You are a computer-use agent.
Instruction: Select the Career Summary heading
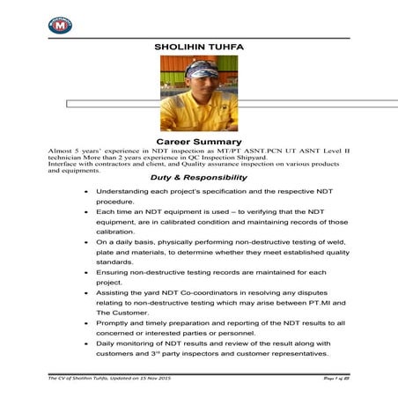click(x=198, y=141)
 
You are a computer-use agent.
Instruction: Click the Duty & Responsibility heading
click(x=199, y=177)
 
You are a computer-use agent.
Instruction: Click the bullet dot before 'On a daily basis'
click(x=85, y=242)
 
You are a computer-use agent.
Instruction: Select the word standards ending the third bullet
click(x=118, y=272)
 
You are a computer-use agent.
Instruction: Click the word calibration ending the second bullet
click(x=119, y=232)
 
